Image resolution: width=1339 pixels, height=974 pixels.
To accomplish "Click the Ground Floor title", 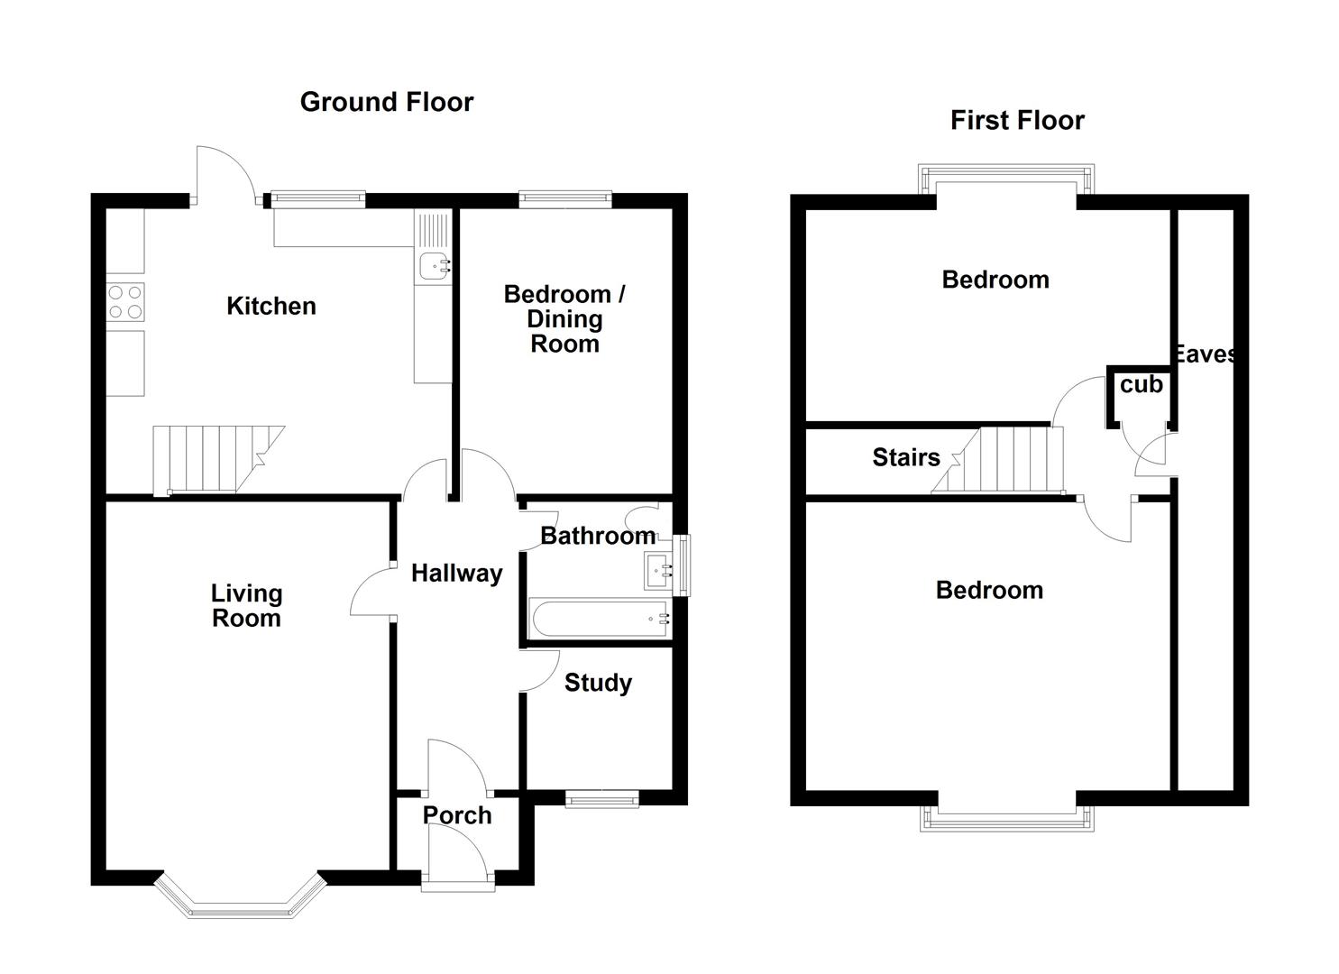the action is [x=387, y=102].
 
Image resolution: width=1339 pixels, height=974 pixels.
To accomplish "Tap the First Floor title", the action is [x=1017, y=121].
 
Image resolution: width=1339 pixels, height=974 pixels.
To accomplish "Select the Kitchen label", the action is [x=271, y=306].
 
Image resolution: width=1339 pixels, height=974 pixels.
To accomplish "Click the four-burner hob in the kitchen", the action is [x=125, y=302].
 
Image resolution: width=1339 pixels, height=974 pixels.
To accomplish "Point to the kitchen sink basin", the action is [x=435, y=266].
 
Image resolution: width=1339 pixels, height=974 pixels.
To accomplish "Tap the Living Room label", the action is [x=246, y=606].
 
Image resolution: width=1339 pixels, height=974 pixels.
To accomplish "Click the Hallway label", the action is [x=456, y=574].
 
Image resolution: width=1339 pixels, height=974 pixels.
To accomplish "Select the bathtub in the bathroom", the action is [x=599, y=619].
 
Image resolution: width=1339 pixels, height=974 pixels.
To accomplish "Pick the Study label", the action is [x=598, y=684].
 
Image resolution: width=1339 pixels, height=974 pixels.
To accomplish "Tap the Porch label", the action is [x=457, y=815].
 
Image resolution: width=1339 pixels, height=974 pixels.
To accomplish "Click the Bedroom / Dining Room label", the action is [x=564, y=319].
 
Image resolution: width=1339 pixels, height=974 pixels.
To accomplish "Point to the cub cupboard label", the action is [x=1142, y=384].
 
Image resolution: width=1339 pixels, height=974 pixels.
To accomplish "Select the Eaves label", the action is [x=1205, y=354].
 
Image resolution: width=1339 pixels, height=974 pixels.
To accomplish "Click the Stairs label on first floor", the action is [x=906, y=457].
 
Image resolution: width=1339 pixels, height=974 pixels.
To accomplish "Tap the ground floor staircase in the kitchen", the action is [x=218, y=460].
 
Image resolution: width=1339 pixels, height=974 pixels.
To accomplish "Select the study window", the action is [x=602, y=799].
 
